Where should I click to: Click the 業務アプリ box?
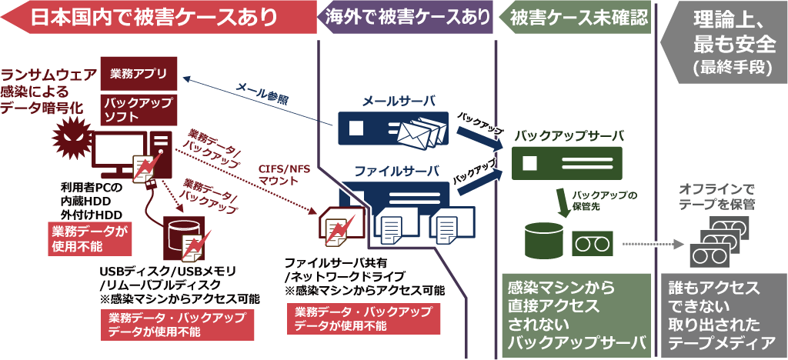tap(139, 75)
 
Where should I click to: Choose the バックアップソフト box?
tap(139, 110)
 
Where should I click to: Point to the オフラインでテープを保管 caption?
tap(716, 195)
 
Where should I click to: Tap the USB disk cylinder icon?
tap(183, 240)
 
